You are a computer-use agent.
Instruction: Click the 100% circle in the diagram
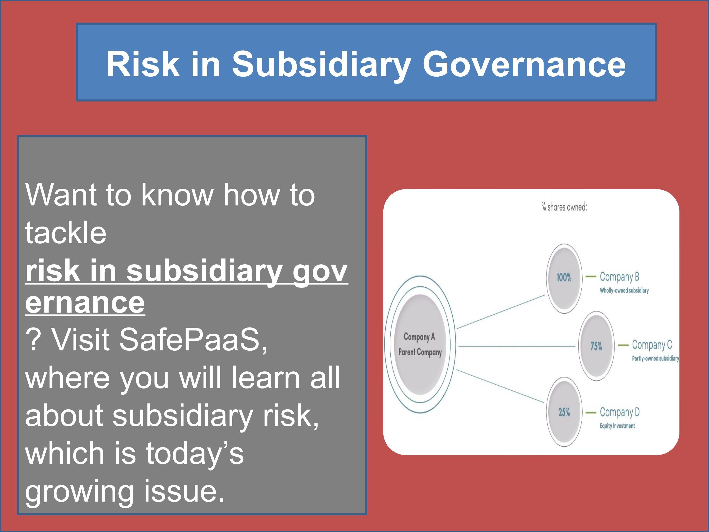[564, 278]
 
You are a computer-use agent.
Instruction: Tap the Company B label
[619, 276]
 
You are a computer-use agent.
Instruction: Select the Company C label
[652, 345]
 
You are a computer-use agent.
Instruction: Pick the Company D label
[619, 412]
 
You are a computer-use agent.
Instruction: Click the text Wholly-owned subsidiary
[624, 291]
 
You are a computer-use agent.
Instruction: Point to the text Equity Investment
[617, 426]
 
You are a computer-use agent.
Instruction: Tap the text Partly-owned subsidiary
[655, 358]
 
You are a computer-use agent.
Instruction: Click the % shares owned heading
[564, 207]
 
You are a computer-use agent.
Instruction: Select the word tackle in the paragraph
[66, 233]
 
